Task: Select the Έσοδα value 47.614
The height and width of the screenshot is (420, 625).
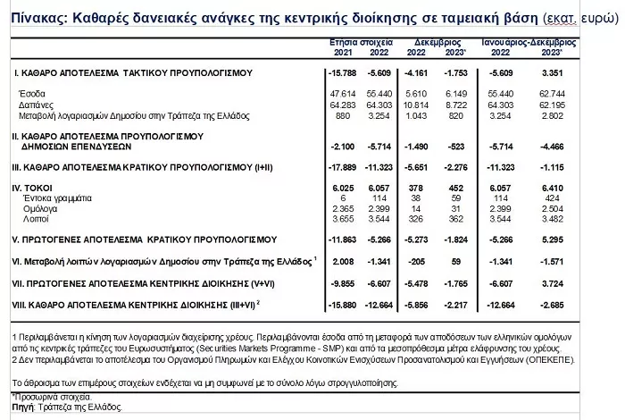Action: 343,93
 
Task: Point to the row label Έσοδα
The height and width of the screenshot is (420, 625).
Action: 32,93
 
